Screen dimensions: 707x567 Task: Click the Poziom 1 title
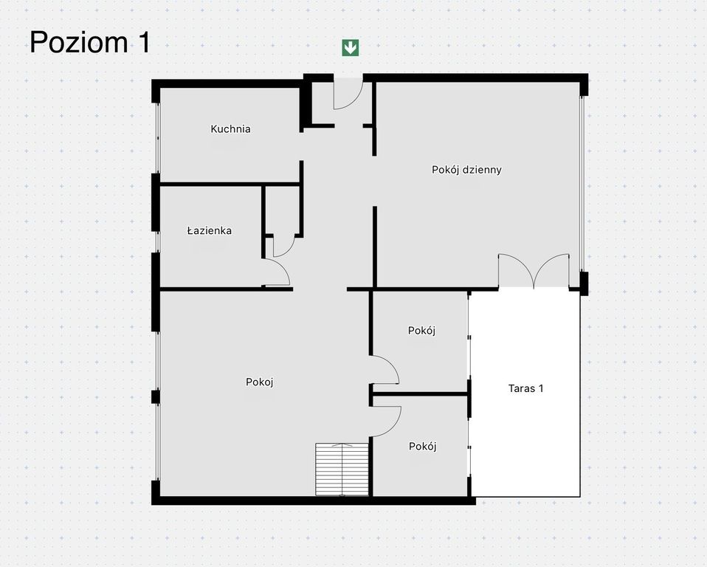coord(90,42)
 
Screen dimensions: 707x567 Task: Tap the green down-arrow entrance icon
coord(351,47)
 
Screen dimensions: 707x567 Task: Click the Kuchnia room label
coord(230,129)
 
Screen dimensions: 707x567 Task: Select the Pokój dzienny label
coord(466,170)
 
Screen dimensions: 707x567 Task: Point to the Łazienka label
coord(209,230)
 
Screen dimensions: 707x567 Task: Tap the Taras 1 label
coord(525,388)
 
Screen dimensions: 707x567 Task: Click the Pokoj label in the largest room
coord(260,382)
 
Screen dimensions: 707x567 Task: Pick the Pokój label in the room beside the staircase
coord(422,446)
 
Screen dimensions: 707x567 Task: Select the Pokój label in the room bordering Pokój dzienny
coord(421,331)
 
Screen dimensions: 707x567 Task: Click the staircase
coord(342,469)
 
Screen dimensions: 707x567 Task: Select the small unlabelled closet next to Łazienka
coord(282,210)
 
